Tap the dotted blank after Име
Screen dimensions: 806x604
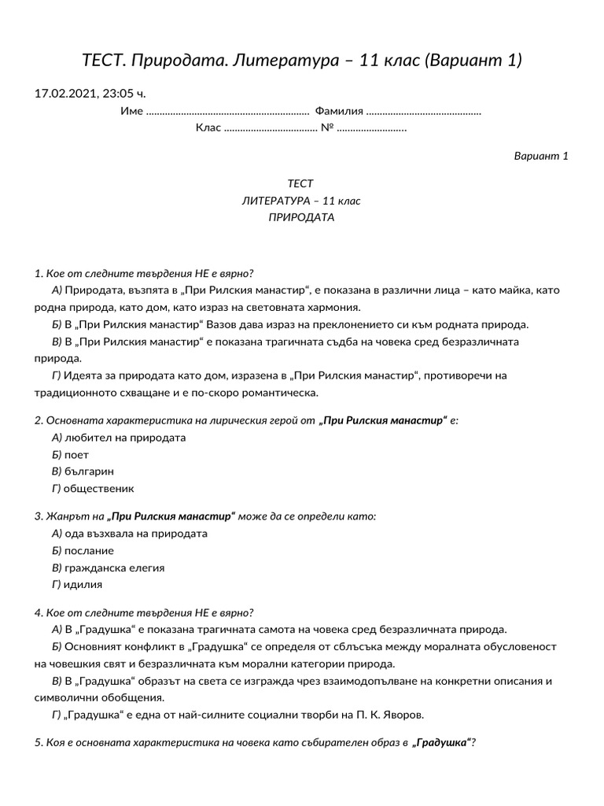point(228,111)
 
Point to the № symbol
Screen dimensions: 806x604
point(327,128)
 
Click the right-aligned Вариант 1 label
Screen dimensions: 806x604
point(540,156)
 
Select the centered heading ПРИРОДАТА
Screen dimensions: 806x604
point(301,217)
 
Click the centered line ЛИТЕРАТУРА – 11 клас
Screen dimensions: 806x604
point(301,201)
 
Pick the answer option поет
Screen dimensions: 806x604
point(76,455)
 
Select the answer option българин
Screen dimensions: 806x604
point(89,471)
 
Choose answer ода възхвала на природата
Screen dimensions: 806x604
point(135,534)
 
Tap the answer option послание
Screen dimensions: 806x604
point(89,551)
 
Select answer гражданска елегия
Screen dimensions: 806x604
point(114,568)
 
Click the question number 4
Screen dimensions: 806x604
point(38,612)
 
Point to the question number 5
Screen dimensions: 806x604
point(38,742)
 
